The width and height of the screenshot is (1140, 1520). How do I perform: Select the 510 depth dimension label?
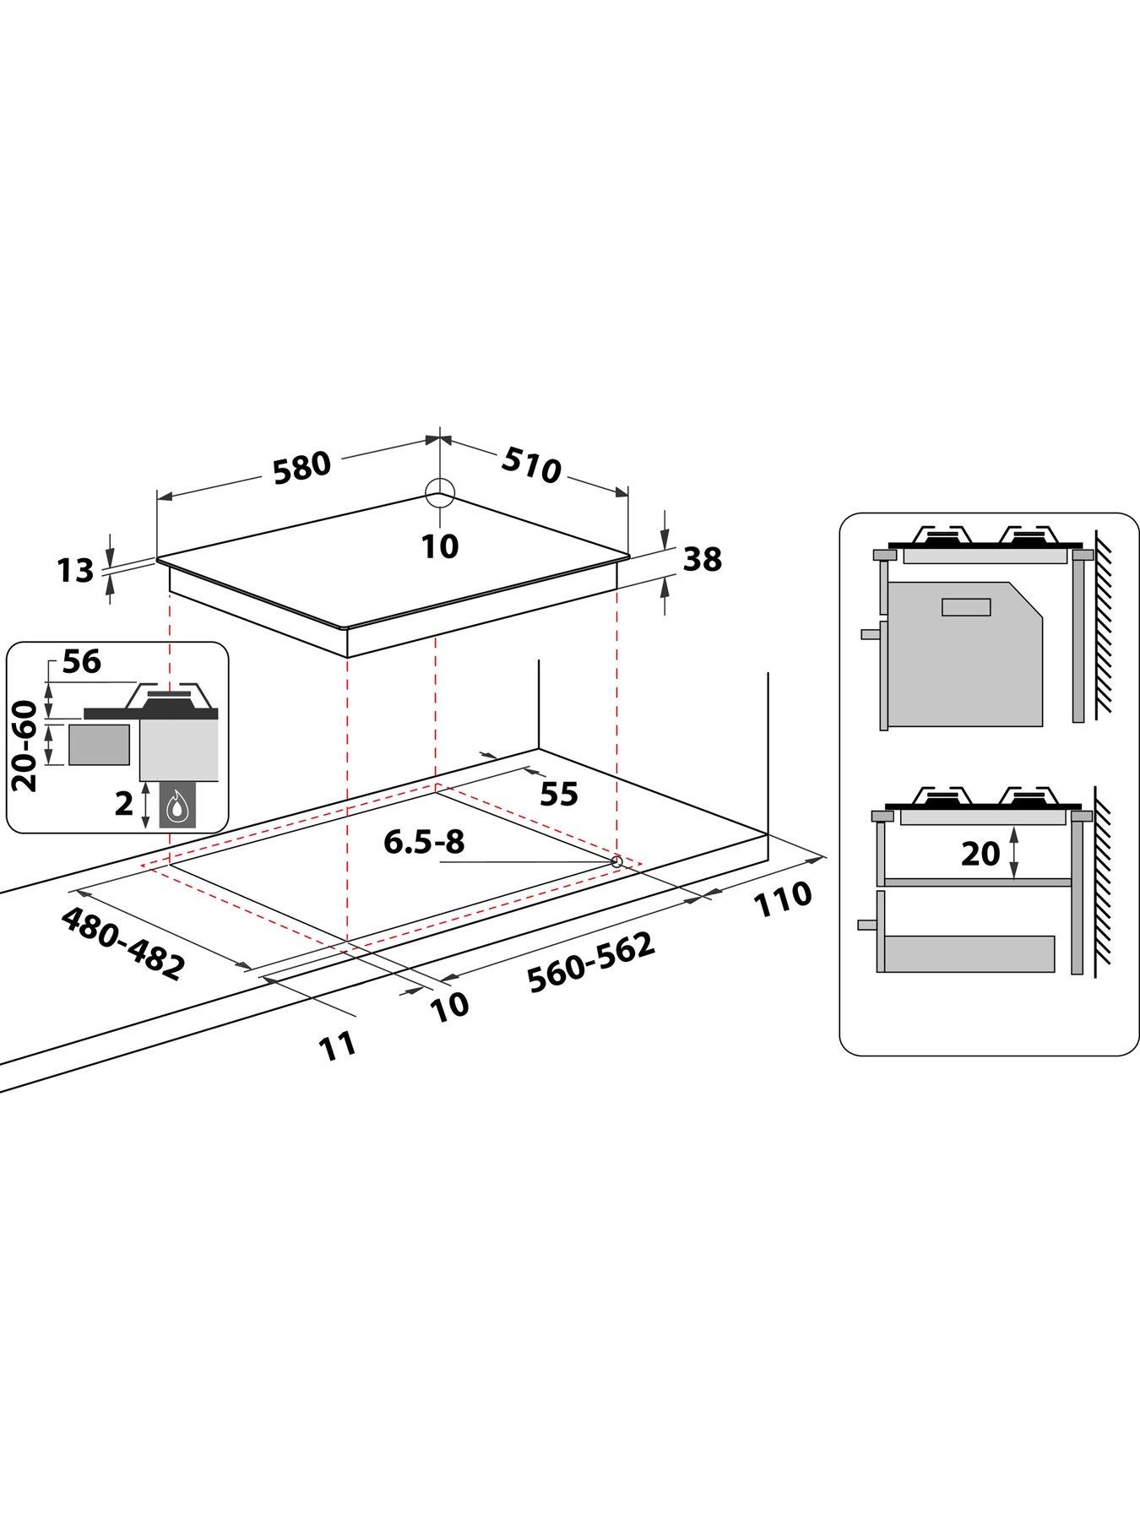pos(532,464)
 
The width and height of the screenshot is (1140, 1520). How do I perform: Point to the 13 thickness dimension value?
pos(76,571)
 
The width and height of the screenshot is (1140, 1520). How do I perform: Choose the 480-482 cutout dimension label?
pos(122,943)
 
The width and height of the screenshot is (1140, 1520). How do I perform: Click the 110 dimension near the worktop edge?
pos(782,900)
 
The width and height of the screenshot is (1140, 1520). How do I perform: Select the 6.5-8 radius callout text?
pos(424,842)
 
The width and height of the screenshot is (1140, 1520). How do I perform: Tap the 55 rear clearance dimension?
pos(558,794)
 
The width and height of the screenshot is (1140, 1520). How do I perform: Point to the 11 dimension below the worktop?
pos(338,1046)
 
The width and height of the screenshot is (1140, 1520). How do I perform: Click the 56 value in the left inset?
pos(82,662)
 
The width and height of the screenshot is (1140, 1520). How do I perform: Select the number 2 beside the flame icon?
pos(123,805)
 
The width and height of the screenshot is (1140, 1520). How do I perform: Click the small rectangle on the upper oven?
pos(966,606)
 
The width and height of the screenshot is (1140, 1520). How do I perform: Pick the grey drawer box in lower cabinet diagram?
pos(969,953)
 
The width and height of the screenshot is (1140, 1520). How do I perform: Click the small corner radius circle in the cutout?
pos(616,861)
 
